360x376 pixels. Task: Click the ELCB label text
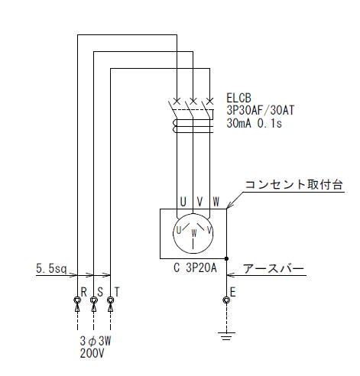[x=238, y=98]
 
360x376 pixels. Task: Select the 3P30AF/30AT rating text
[x=261, y=110]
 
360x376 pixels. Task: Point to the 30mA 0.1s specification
[x=254, y=123]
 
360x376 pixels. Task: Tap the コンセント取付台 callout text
[x=294, y=184]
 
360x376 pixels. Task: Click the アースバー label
[x=274, y=269]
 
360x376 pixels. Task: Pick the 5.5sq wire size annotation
[x=51, y=268]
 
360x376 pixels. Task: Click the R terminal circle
[x=77, y=300]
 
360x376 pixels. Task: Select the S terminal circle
[x=94, y=300]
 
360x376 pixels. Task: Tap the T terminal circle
[x=111, y=300]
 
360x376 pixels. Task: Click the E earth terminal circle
[x=226, y=300]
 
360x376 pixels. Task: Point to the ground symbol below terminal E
[x=226, y=336]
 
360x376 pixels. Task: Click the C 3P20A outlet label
[x=195, y=267]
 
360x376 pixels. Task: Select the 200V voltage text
[x=92, y=353]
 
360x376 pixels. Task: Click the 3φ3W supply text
[x=96, y=341]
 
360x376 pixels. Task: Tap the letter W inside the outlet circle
[x=194, y=233]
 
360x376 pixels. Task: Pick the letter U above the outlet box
[x=183, y=202]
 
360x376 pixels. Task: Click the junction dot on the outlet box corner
[x=226, y=258]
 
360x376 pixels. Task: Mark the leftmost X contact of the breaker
[x=177, y=101]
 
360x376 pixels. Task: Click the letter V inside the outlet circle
[x=209, y=230]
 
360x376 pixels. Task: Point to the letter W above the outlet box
[x=216, y=202]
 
